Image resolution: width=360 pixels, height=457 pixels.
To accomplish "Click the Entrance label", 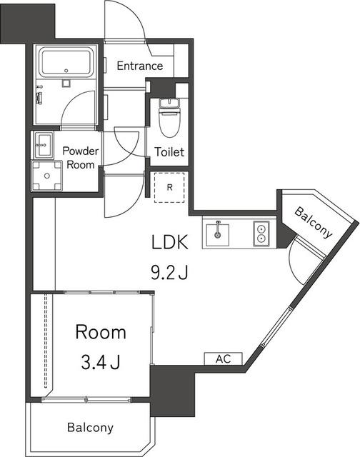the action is pos(139,66).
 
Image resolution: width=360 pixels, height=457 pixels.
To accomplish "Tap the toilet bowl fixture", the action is pos(169,117).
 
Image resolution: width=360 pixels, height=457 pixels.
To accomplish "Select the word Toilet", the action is pos(169,152).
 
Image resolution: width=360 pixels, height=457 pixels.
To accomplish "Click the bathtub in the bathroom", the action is pos(66,63).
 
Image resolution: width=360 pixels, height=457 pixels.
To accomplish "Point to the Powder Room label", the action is pos(81,158).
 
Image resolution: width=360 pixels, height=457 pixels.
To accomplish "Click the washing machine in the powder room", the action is pos(47,176).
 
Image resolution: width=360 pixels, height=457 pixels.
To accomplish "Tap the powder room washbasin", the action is pos(44,144).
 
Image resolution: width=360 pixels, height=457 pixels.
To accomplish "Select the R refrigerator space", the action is pos(169,187).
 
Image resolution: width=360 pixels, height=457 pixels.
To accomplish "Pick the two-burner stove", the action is pos(261,233).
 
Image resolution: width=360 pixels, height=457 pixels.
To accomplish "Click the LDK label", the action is pos(170,242).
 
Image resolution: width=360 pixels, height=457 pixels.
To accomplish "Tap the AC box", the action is pos(224,358).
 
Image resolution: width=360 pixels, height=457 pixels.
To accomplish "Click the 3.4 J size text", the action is pos(101,362).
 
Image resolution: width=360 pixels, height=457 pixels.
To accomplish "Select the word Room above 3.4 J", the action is pos(101,332).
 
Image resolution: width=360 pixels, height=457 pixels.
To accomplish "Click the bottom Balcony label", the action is pos(90,428).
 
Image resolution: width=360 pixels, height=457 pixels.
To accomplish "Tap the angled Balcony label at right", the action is pos(313,222).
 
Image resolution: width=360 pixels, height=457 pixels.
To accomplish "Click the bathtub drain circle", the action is pos(66,71).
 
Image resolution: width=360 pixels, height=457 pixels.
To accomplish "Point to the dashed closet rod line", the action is pos(46,341).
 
